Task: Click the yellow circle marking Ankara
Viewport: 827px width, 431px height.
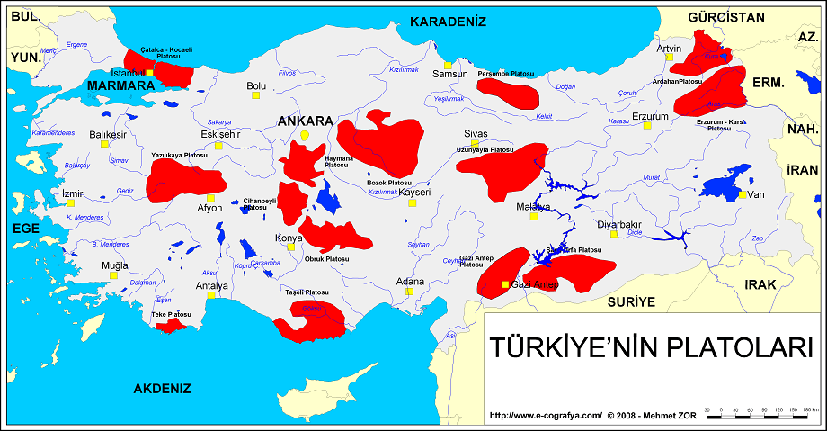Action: [x=305, y=136]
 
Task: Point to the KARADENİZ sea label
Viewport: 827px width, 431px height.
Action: [x=448, y=22]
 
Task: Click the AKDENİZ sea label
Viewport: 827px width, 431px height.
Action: [x=162, y=389]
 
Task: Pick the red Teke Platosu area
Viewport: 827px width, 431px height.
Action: [x=171, y=325]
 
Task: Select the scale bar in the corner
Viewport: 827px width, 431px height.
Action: [x=760, y=410]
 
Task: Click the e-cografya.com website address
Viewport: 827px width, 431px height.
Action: [x=546, y=417]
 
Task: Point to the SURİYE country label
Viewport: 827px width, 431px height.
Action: [x=631, y=301]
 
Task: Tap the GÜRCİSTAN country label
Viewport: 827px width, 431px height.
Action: [x=725, y=17]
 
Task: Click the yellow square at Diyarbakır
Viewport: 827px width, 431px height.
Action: [x=615, y=234]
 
